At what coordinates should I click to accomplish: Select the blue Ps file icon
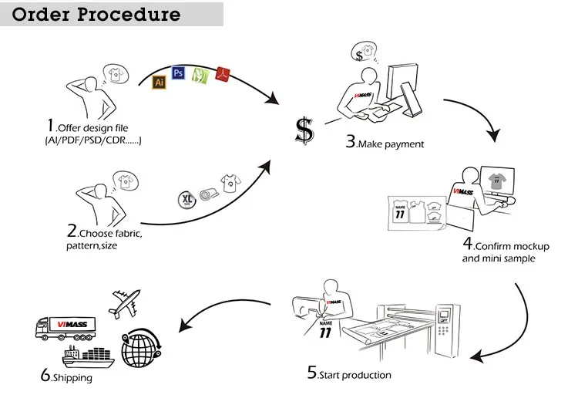[x=179, y=73]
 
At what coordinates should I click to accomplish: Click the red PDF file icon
[x=224, y=74]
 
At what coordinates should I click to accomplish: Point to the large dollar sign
[x=305, y=131]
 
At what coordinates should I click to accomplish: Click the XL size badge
[x=187, y=198]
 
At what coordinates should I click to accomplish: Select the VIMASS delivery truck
[x=67, y=328]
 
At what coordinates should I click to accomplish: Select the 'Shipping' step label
[x=67, y=377]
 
